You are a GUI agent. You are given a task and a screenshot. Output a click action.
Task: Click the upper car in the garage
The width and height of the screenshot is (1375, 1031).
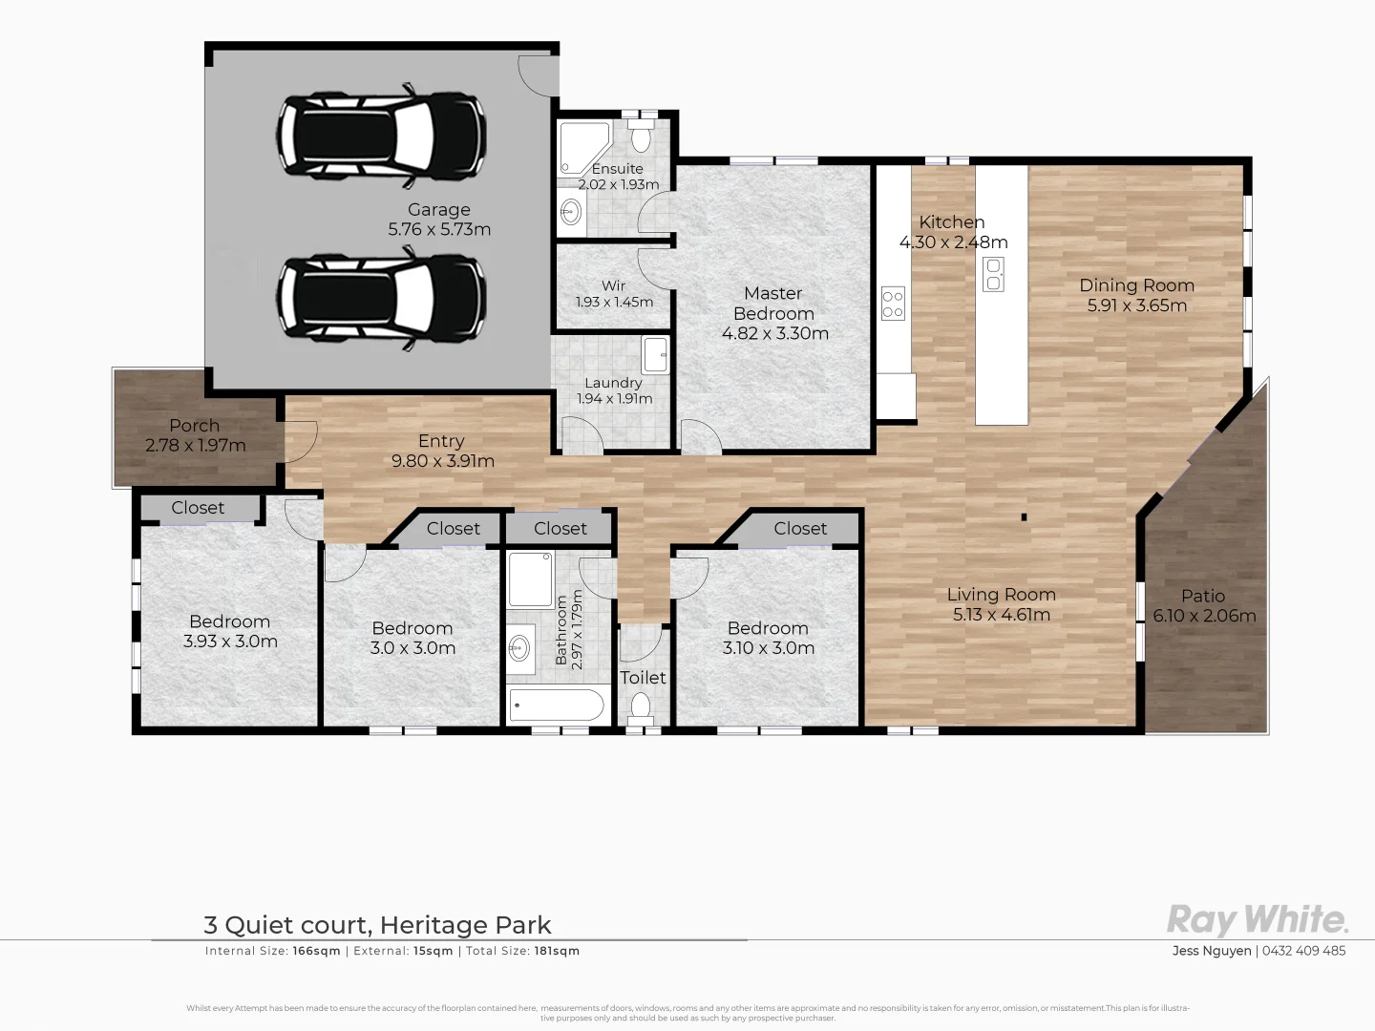tap(380, 138)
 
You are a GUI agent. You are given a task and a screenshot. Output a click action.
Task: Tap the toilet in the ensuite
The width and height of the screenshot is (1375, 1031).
tap(642, 137)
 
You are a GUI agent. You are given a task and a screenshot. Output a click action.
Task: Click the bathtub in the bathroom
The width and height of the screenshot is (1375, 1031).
tap(556, 706)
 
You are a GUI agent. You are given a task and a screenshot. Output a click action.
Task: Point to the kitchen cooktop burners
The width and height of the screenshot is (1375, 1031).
tap(893, 304)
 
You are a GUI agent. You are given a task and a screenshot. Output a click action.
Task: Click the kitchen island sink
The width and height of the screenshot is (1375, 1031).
tap(993, 274)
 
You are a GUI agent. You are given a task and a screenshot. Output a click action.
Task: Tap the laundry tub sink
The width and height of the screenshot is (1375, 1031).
tap(656, 354)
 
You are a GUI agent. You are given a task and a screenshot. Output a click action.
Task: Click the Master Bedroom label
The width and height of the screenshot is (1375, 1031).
tap(773, 304)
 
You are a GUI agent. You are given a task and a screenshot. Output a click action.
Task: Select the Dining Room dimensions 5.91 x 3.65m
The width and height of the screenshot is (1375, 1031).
tap(1136, 305)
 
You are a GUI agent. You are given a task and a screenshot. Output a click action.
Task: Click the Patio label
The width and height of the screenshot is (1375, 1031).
tap(1202, 596)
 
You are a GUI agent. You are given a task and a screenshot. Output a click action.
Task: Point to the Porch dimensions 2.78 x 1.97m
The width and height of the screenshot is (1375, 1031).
tap(196, 446)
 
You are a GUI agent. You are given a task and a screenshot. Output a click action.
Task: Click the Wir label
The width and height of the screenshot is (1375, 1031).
tap(614, 285)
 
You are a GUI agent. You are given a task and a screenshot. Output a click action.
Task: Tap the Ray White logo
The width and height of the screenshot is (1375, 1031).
tap(1258, 920)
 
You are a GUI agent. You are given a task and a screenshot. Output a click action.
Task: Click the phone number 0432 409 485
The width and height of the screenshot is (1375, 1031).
tap(1304, 951)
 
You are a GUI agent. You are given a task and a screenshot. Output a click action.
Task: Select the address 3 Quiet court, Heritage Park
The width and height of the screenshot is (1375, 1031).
tap(377, 925)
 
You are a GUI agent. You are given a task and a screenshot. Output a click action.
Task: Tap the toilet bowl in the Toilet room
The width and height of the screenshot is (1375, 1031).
tap(641, 707)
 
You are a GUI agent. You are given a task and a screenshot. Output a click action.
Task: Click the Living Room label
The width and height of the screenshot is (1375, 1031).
tap(1001, 595)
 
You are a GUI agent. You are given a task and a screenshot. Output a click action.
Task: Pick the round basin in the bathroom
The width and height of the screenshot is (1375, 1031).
tap(521, 649)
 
